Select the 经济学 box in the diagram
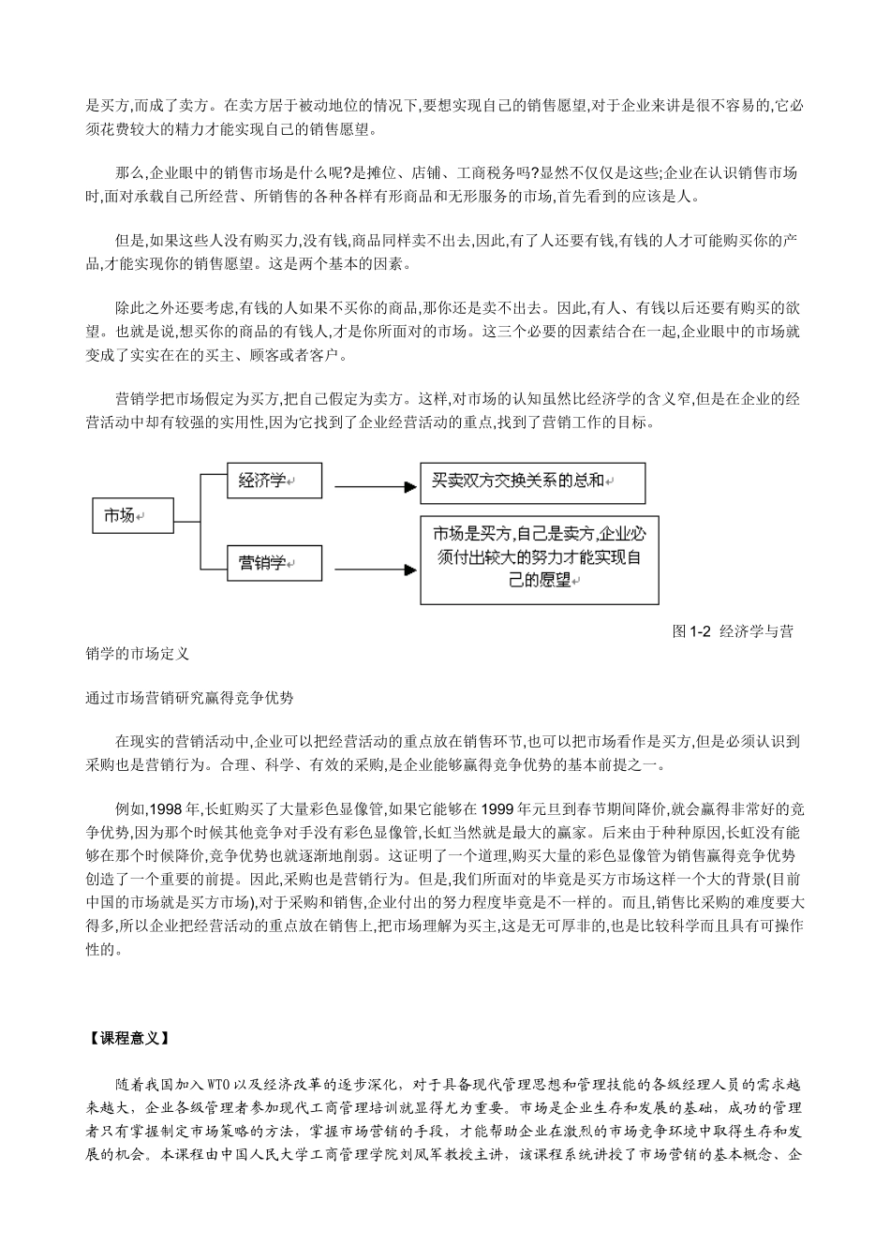click(x=274, y=481)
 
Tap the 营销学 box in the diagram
click(x=274, y=563)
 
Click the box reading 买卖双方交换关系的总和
click(x=532, y=483)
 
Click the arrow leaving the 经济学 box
click(x=374, y=486)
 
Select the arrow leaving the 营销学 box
click(x=374, y=568)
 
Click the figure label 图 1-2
click(x=694, y=632)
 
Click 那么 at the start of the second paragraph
click(x=127, y=173)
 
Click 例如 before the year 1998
click(x=127, y=808)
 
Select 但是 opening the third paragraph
click(x=127, y=242)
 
